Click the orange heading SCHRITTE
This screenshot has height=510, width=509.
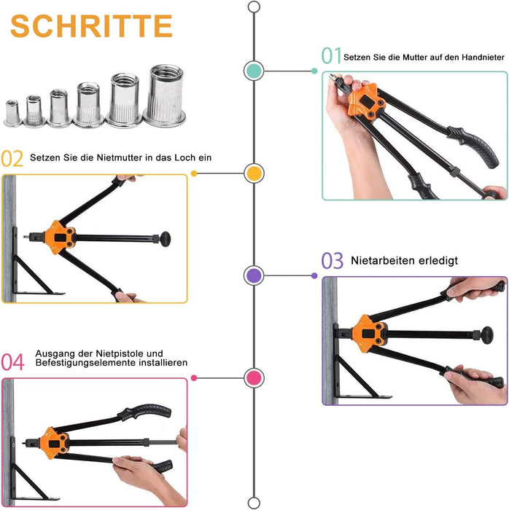[x=92, y=25]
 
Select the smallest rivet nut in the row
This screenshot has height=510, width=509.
[x=12, y=113]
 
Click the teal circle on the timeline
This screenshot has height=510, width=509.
[x=254, y=70]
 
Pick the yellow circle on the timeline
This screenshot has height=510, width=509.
[x=254, y=173]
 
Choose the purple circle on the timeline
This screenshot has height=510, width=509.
[x=254, y=275]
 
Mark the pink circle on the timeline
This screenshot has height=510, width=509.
[x=254, y=377]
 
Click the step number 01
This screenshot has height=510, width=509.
[x=331, y=56]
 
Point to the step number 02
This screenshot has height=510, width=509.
[x=12, y=158]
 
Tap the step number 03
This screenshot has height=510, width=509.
[x=332, y=261]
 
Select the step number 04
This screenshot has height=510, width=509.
[x=12, y=362]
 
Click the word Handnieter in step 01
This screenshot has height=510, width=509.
[x=479, y=56]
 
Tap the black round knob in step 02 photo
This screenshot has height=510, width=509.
[x=167, y=238]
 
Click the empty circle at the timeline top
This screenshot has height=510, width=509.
[x=254, y=7]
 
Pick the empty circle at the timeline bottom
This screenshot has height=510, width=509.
[x=254, y=503]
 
